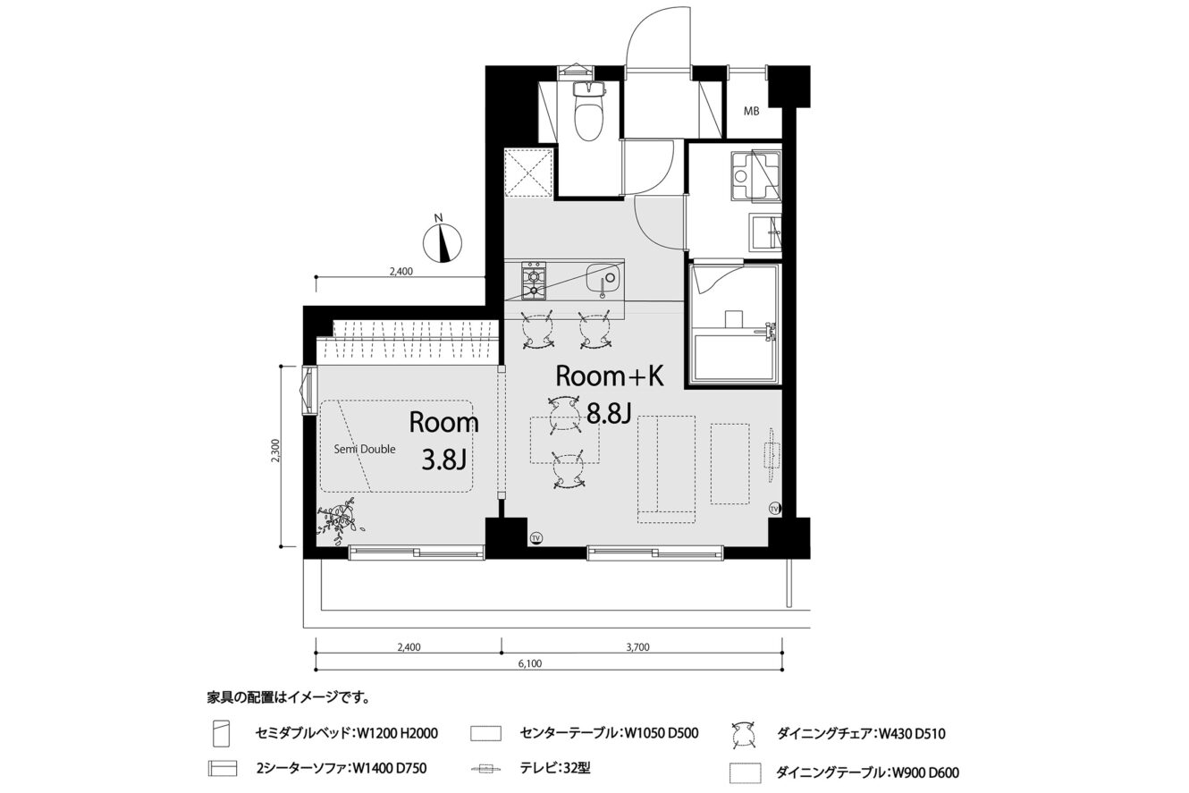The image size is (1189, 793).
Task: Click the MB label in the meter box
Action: tap(751, 112)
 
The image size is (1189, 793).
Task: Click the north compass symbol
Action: tap(442, 240)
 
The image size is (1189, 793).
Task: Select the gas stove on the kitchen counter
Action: tap(534, 280)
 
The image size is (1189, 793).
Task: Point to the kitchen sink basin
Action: tap(603, 278)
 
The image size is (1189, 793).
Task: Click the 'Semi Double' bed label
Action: tap(365, 449)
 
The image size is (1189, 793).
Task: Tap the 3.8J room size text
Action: tap(443, 460)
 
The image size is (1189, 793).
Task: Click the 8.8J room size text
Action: tap(608, 413)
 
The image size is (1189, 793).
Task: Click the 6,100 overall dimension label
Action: tap(530, 663)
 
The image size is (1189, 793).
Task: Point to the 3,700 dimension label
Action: tap(637, 647)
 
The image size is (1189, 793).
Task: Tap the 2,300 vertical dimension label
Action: tap(274, 451)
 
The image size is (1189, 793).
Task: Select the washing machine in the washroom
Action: tap(756, 176)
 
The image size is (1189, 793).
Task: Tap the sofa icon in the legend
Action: tap(222, 769)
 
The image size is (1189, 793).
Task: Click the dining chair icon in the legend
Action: tap(743, 735)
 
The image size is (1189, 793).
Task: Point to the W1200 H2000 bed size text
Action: tap(398, 734)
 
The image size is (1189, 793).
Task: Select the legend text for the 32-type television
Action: tap(554, 768)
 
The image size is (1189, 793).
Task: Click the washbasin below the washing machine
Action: tap(765, 232)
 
